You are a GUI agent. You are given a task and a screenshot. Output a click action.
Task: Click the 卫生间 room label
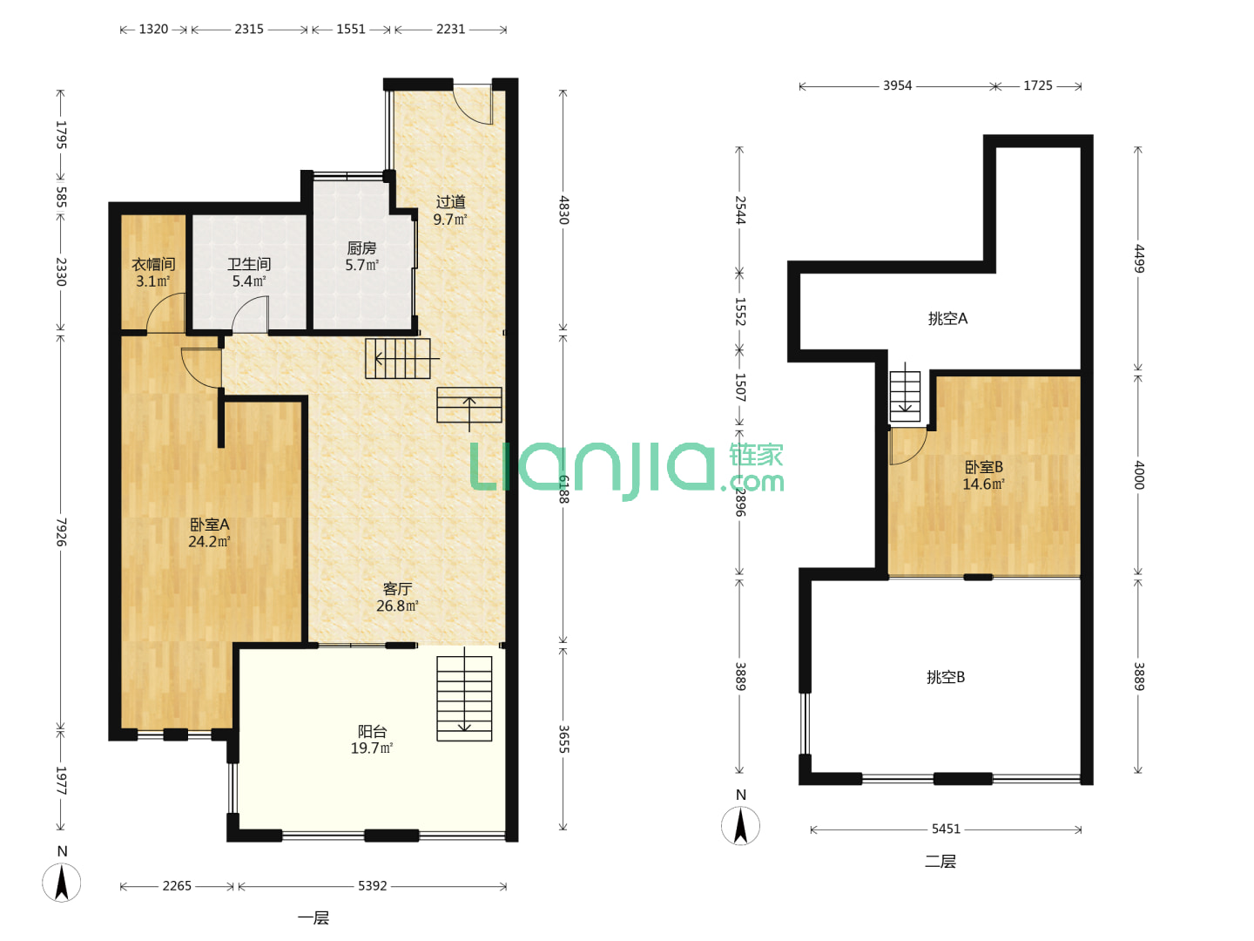click(x=248, y=264)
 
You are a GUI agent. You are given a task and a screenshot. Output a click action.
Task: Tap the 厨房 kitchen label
click(x=361, y=248)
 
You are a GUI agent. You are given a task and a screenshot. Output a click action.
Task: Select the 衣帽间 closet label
click(x=153, y=264)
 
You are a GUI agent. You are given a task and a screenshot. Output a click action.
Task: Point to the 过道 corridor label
click(x=451, y=201)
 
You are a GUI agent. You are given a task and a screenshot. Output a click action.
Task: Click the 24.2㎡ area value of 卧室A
click(x=209, y=542)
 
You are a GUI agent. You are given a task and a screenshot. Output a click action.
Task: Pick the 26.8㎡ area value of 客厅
click(x=397, y=606)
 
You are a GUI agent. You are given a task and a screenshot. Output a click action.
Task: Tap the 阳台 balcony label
click(x=372, y=731)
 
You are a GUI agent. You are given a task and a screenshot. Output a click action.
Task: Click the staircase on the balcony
click(x=464, y=698)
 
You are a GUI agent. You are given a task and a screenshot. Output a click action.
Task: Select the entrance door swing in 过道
click(x=474, y=105)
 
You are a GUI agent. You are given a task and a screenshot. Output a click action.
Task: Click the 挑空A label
click(x=947, y=318)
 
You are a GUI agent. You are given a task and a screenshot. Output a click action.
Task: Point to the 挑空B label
click(x=946, y=677)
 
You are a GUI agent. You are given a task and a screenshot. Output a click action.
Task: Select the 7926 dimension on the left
click(x=61, y=531)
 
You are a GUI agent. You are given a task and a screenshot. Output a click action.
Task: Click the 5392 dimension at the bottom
click(x=373, y=885)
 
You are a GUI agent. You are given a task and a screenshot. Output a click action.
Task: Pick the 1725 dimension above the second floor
click(x=1037, y=85)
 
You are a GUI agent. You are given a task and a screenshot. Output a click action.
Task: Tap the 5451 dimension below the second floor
click(x=946, y=829)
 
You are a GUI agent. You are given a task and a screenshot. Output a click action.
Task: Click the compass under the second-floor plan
click(x=740, y=826)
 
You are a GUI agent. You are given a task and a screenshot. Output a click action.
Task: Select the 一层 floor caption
click(x=313, y=918)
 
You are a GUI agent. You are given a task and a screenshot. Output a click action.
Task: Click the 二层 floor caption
click(x=940, y=861)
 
